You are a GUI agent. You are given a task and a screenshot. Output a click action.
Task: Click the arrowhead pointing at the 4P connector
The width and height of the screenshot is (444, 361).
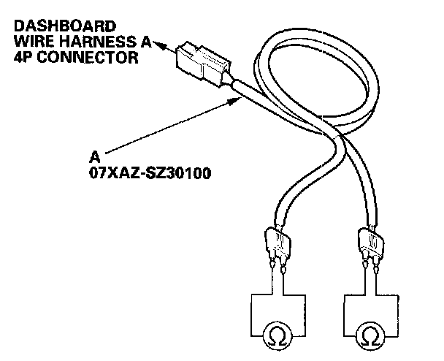pos(158,45)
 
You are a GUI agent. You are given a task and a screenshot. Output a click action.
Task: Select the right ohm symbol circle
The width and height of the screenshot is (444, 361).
pos(367,335)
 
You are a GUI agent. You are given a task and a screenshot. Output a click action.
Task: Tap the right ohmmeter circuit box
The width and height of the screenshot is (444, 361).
pos(367,314)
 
